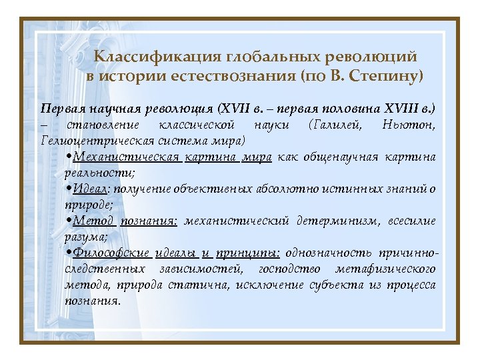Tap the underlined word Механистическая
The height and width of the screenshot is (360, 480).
126,157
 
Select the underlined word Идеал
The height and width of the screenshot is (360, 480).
89,189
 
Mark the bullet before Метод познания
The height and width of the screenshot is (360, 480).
70,221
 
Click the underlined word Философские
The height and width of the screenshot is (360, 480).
110,253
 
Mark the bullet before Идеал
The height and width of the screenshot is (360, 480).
70,189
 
